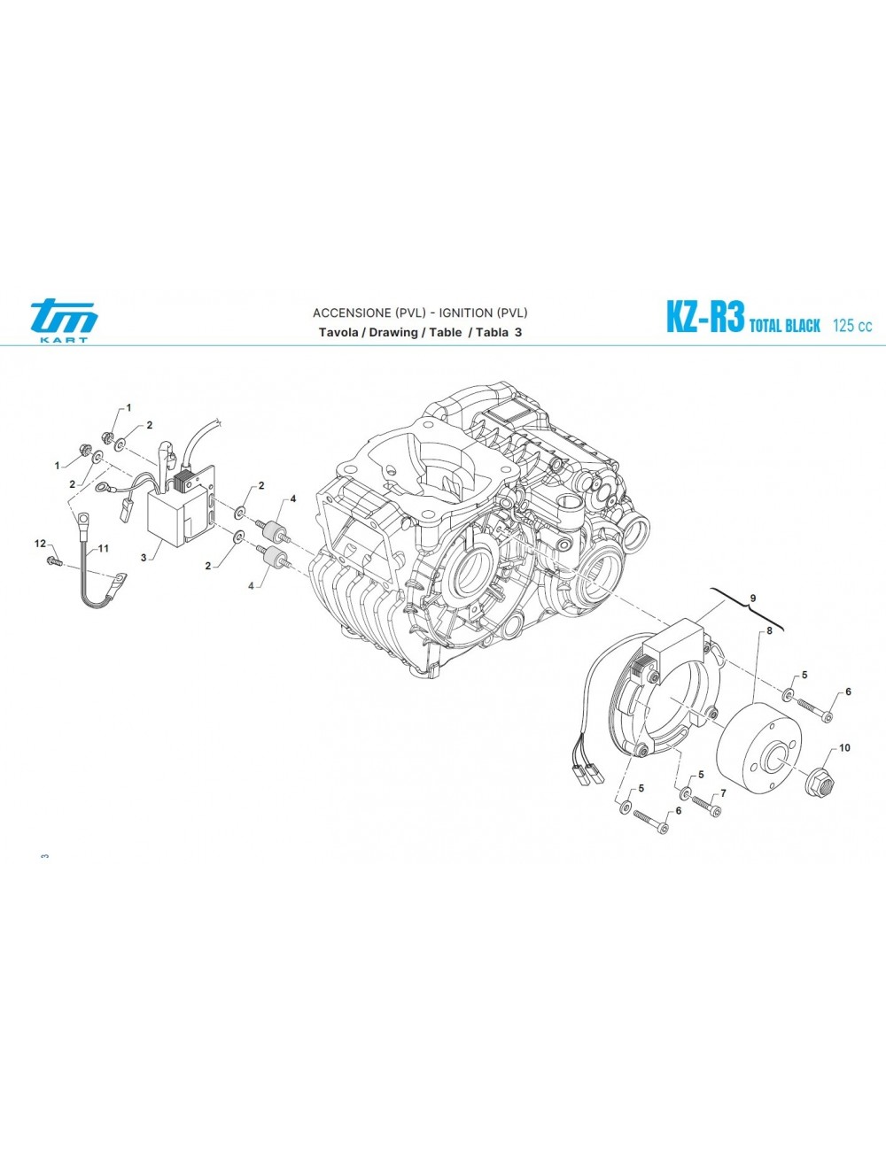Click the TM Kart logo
[x=64, y=321]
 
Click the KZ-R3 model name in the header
[x=705, y=317]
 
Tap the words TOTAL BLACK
[x=785, y=325]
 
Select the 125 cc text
[x=852, y=325]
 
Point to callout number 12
[x=40, y=544]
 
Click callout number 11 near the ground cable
[x=103, y=548]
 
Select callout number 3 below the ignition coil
[x=143, y=558]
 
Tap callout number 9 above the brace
[x=752, y=598]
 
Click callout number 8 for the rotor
[x=769, y=630]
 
